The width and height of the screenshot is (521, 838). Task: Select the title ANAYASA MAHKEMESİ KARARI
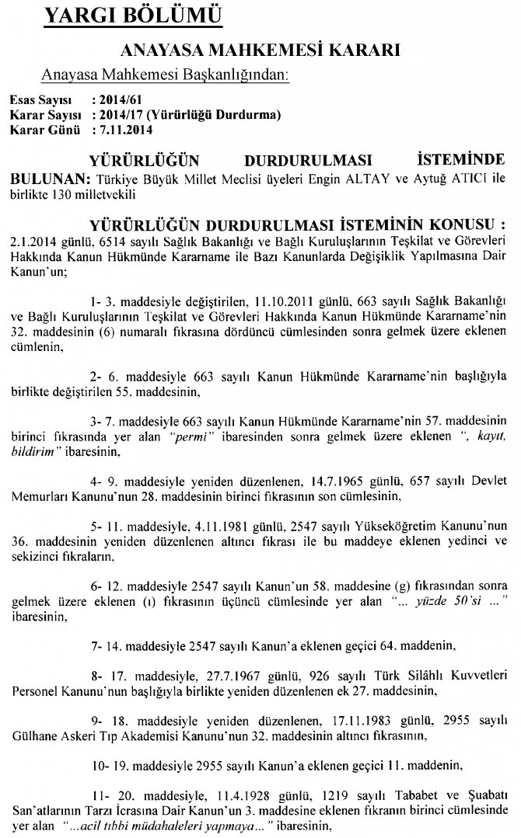(x=260, y=51)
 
